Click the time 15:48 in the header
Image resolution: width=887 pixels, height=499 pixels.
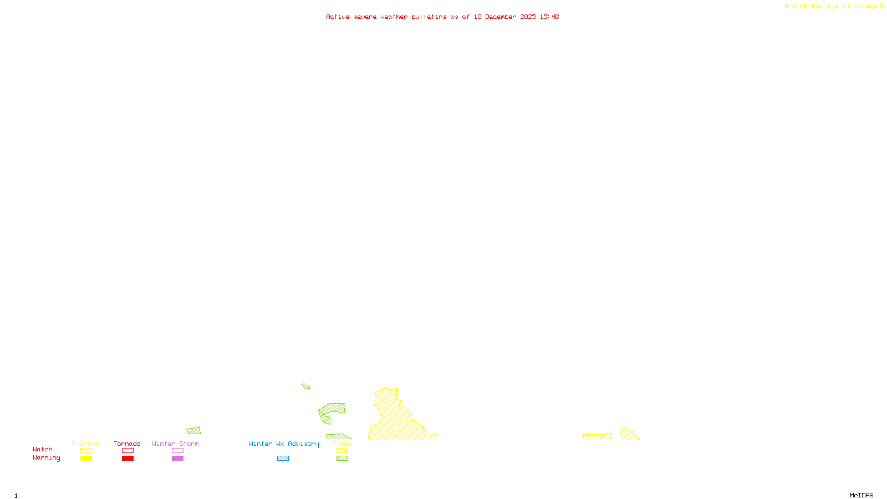549,17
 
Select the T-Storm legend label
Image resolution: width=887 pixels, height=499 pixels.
85,444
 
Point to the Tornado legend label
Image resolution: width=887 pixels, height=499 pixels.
127,444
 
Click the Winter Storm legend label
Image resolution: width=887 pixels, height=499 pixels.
175,444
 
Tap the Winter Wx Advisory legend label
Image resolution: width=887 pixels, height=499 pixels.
284,444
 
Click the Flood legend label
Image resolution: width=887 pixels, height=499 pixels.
342,444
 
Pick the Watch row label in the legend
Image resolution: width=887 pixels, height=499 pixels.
43,450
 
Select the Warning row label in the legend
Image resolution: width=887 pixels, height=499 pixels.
46,458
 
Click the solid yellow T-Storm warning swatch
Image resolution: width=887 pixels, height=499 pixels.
86,459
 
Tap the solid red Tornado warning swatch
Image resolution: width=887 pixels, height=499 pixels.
128,459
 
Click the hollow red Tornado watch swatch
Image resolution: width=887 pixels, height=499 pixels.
128,451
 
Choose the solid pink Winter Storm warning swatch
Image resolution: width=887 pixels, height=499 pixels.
177,459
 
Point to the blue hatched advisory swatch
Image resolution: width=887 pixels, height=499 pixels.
283,459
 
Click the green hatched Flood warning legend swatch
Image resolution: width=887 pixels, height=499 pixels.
343,459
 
